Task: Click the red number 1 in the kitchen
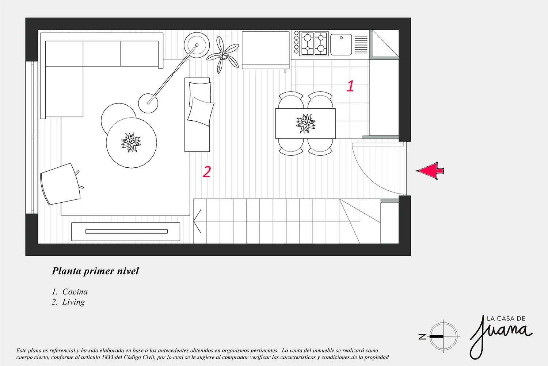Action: click(350, 86)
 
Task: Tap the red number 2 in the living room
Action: click(207, 172)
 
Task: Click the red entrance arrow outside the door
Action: click(430, 171)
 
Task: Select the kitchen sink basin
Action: click(341, 45)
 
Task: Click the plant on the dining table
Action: click(305, 123)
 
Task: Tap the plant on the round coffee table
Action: click(131, 143)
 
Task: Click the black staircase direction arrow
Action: click(197, 221)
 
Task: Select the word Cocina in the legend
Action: click(75, 292)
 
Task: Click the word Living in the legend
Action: click(73, 302)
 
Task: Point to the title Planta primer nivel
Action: click(95, 271)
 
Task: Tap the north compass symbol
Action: click(443, 336)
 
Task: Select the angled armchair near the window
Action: click(61, 184)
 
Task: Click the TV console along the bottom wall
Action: click(126, 231)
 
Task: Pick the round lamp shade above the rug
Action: click(148, 103)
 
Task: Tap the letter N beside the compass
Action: click(422, 337)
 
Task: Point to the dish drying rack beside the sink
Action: click(361, 45)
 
